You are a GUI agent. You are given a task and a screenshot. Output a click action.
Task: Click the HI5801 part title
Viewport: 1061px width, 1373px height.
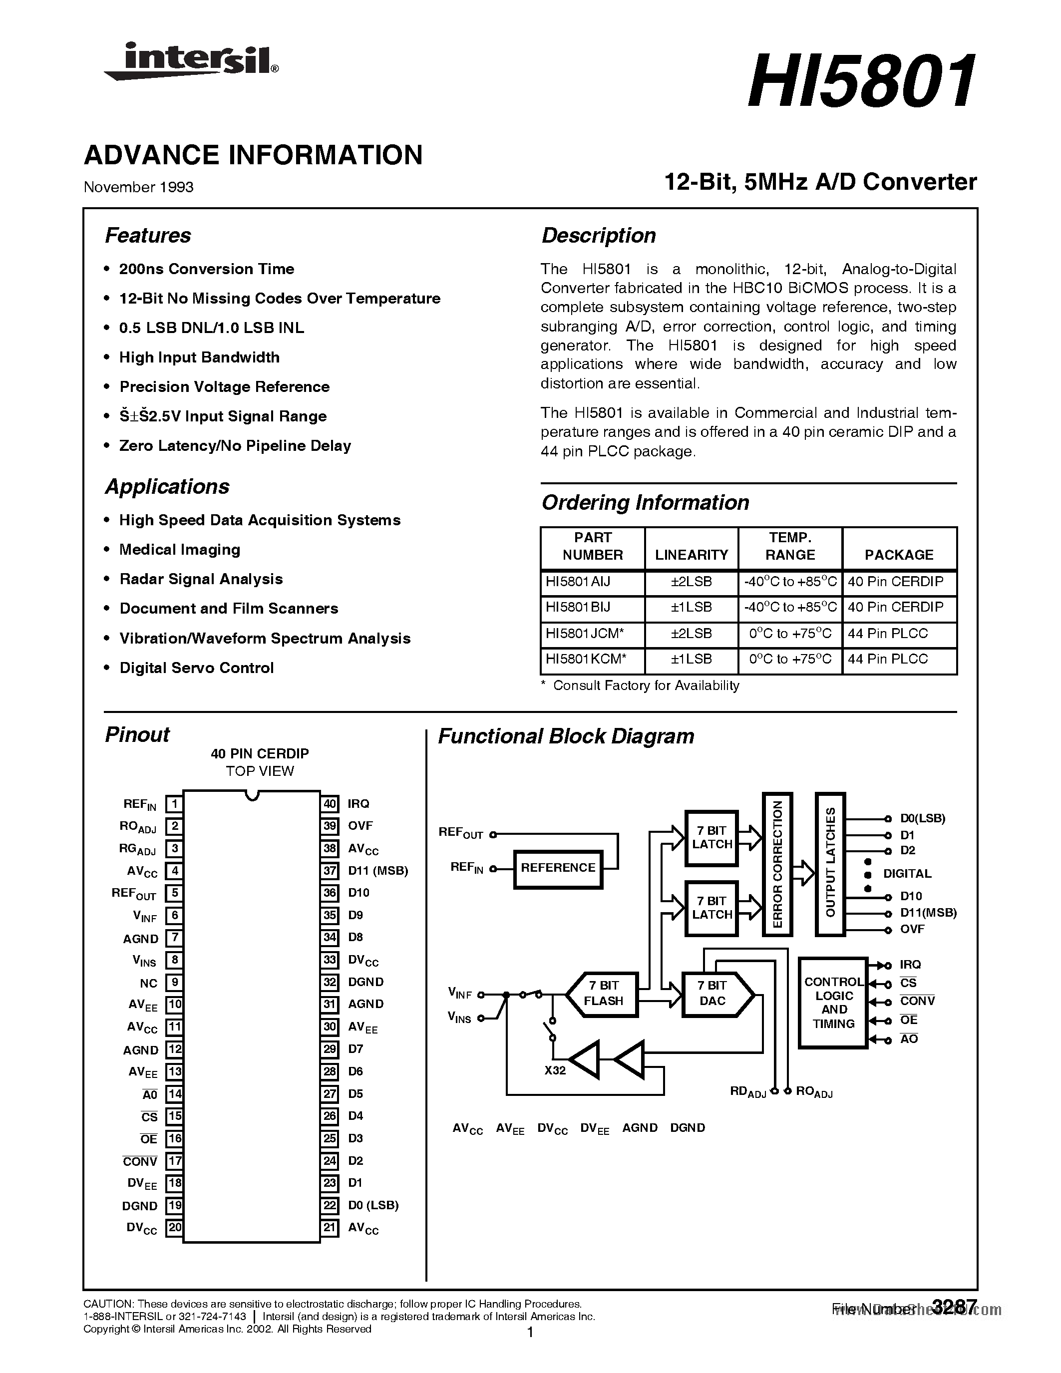(x=861, y=82)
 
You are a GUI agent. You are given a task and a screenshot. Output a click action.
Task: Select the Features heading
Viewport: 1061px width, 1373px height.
(x=148, y=235)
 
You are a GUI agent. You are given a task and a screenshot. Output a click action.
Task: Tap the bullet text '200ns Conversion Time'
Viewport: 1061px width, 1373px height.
(x=206, y=269)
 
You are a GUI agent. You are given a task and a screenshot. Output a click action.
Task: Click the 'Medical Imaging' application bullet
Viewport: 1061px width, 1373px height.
(x=180, y=550)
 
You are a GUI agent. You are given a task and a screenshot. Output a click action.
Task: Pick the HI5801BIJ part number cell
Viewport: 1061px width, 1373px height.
(x=578, y=607)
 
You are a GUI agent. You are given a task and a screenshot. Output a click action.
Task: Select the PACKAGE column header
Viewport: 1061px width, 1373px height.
(x=899, y=555)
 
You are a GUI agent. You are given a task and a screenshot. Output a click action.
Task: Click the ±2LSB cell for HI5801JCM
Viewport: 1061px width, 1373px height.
(x=691, y=634)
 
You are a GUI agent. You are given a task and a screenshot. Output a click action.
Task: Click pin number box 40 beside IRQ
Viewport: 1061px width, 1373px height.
(x=330, y=803)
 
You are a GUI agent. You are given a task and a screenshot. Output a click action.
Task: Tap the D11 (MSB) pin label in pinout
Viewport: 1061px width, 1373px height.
(x=378, y=871)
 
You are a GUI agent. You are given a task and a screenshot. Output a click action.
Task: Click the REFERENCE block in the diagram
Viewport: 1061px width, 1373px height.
(x=558, y=868)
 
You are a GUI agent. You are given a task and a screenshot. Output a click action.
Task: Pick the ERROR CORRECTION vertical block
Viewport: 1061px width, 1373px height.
(x=777, y=864)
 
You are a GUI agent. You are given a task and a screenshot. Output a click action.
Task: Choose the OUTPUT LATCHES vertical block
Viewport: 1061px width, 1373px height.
(x=830, y=864)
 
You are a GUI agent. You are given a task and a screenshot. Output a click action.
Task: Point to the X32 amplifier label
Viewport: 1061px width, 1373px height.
(x=555, y=1070)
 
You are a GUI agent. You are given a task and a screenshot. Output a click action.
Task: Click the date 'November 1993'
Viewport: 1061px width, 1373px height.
(x=138, y=187)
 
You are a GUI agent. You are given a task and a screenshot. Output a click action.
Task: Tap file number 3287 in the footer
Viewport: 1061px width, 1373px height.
(x=954, y=1307)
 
